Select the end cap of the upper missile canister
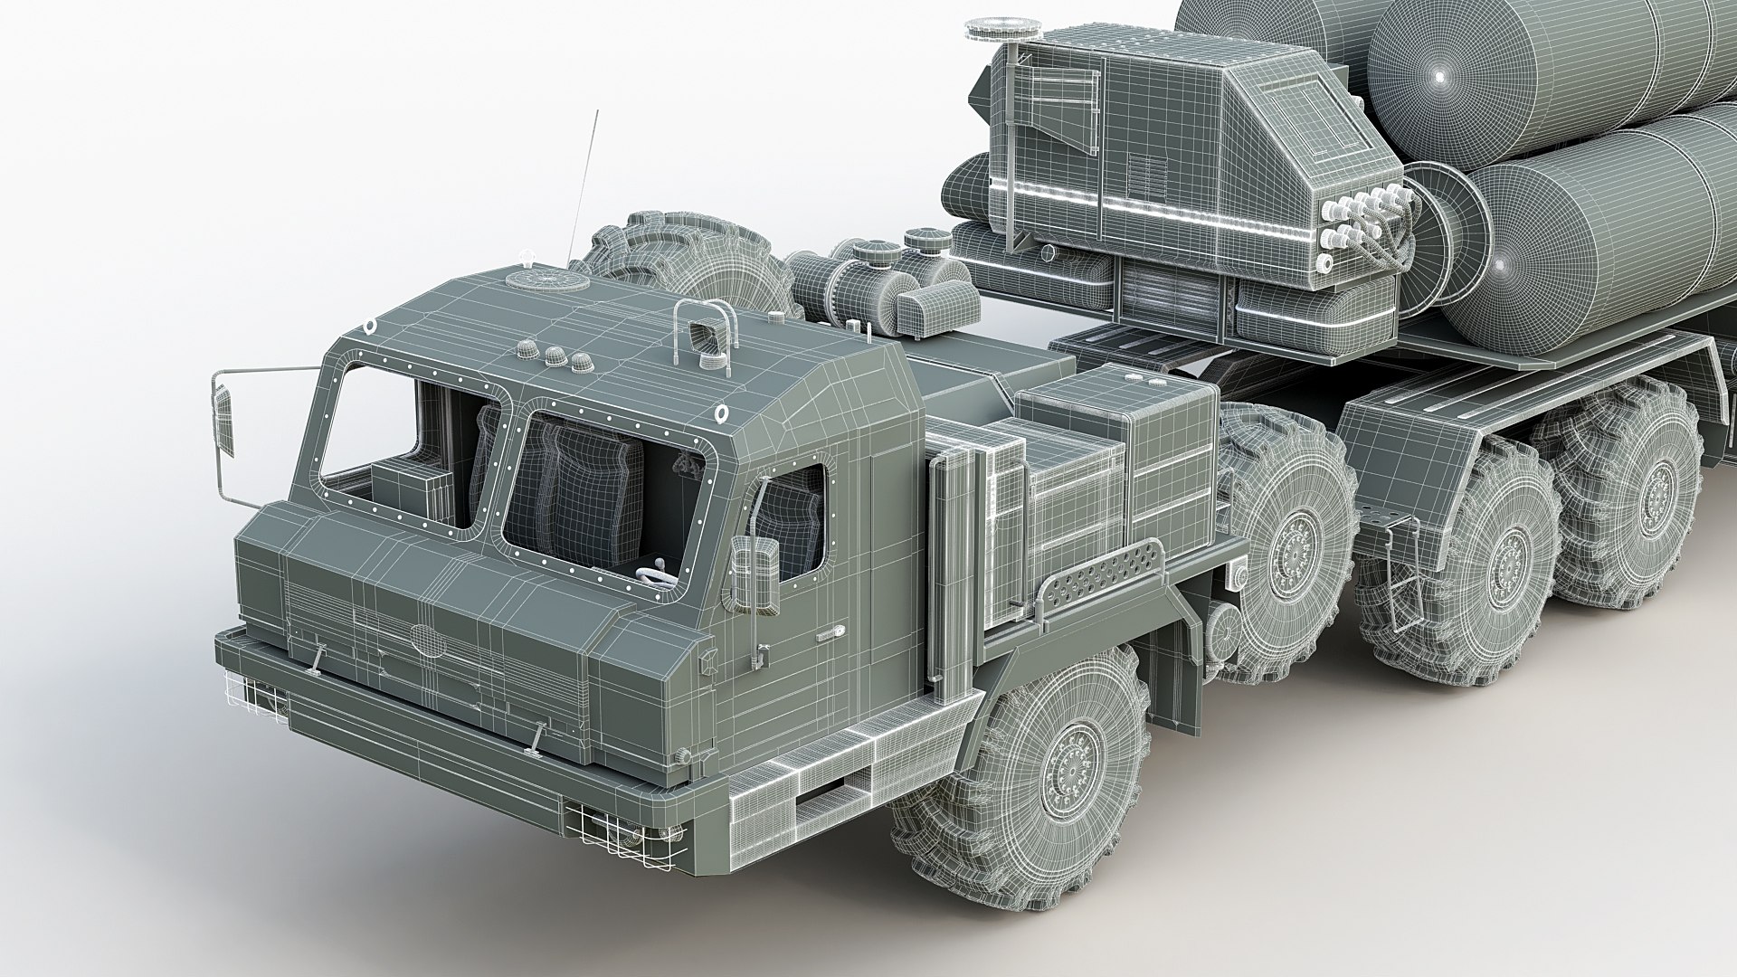coord(1438,77)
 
